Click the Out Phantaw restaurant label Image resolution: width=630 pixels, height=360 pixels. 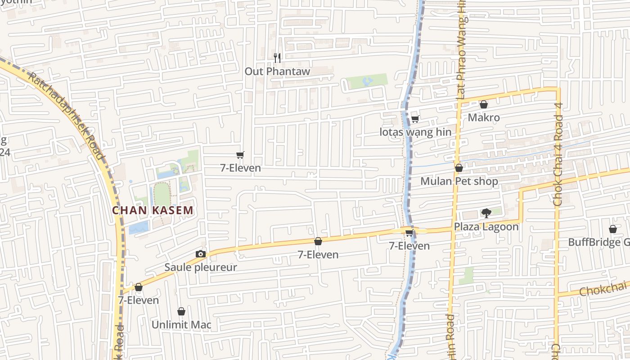pos(277,71)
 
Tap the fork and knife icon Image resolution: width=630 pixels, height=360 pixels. pos(277,58)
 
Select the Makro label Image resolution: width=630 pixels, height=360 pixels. pos(484,118)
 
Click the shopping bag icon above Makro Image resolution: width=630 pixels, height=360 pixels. pos(484,104)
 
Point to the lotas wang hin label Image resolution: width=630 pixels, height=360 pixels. pos(415,132)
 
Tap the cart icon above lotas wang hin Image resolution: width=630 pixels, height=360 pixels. pos(415,119)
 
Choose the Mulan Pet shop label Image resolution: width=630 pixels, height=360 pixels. pos(459,181)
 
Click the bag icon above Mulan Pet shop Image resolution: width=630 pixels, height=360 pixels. pos(459,168)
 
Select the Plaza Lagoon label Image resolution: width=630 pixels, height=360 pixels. pos(486,226)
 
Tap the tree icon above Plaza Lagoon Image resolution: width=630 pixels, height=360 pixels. pos(486,213)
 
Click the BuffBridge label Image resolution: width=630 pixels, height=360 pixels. pos(598,243)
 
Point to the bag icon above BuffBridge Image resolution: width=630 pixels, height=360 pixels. pos(612,229)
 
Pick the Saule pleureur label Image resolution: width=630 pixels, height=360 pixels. pos(201,267)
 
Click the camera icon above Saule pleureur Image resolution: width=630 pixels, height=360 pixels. pos(201,254)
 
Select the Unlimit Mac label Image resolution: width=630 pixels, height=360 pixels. pos(181,325)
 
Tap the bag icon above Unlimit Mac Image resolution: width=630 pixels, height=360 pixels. pos(181,311)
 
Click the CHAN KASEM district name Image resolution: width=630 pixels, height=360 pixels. pos(153,210)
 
